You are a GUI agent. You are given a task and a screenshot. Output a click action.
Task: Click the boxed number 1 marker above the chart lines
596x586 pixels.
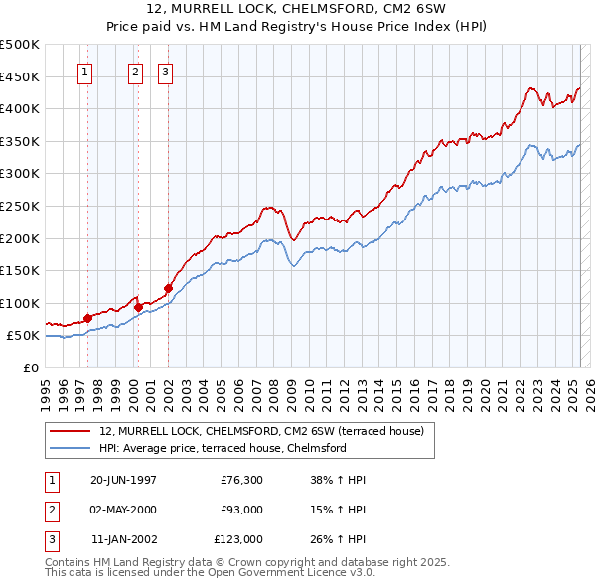tap(85, 72)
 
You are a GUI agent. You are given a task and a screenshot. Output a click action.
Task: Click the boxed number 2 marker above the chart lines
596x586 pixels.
tap(135, 72)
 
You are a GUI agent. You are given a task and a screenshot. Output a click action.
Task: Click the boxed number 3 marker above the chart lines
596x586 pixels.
tap(165, 72)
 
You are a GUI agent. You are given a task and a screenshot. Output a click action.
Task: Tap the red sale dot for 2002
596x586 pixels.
tap(168, 288)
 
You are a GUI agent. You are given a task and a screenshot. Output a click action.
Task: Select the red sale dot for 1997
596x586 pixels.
tap(87, 318)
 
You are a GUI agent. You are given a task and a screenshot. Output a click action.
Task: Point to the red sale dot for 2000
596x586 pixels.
tap(138, 307)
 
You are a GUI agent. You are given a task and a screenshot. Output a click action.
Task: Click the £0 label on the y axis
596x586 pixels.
tap(30, 367)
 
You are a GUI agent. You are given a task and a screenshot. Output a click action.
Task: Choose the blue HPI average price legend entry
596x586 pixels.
tap(223, 448)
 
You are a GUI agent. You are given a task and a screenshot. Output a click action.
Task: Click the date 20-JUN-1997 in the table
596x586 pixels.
tap(123, 480)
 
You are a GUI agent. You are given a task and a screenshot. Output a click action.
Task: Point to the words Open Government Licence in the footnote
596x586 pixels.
tap(298, 573)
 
